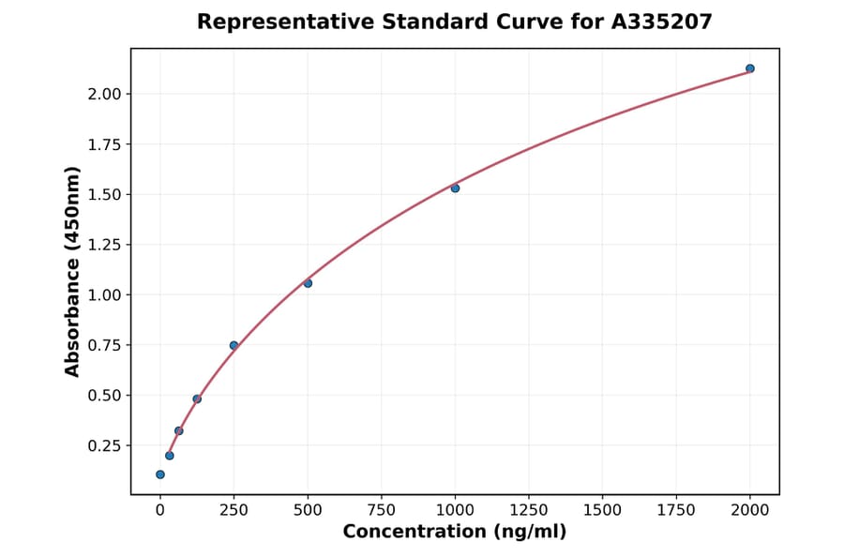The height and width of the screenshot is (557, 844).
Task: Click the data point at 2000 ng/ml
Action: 750,68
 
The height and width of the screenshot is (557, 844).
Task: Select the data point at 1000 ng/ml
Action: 455,188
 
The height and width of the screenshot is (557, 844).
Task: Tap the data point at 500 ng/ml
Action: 308,283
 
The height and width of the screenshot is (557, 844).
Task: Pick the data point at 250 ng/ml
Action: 234,345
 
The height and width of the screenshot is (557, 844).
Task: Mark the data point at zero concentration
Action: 160,474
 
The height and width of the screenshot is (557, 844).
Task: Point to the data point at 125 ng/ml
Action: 197,399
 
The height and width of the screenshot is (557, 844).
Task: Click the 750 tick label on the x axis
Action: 381,509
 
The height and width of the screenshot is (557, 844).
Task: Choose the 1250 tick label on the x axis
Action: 529,509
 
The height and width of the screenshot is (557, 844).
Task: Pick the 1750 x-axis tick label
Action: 676,509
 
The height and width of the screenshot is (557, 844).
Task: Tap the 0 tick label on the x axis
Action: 160,509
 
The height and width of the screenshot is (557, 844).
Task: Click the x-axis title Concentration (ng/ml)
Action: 455,533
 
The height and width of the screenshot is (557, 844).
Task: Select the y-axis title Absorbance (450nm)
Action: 73,271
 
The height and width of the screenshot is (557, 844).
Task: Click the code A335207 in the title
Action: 662,22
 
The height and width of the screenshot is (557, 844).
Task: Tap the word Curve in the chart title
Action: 502,22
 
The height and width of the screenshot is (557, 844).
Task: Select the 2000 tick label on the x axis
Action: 750,509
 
